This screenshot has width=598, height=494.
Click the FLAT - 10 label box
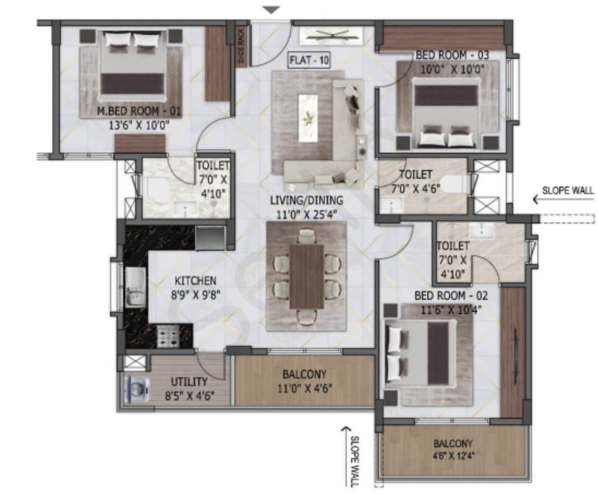coord(309,60)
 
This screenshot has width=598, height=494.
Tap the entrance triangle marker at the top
coord(271,9)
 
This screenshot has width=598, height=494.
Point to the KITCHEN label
coord(195,281)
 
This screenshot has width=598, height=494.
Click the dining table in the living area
coord(307,276)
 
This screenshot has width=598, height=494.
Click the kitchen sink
coord(135,287)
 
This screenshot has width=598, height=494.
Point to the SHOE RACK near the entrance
coord(241,47)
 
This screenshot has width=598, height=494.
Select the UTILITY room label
coord(189,382)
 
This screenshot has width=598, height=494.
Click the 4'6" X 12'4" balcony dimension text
coord(453,457)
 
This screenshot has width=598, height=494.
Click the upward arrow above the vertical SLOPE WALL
coord(347,430)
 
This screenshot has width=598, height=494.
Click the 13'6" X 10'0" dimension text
coord(138,125)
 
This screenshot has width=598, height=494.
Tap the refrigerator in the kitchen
coord(210,238)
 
